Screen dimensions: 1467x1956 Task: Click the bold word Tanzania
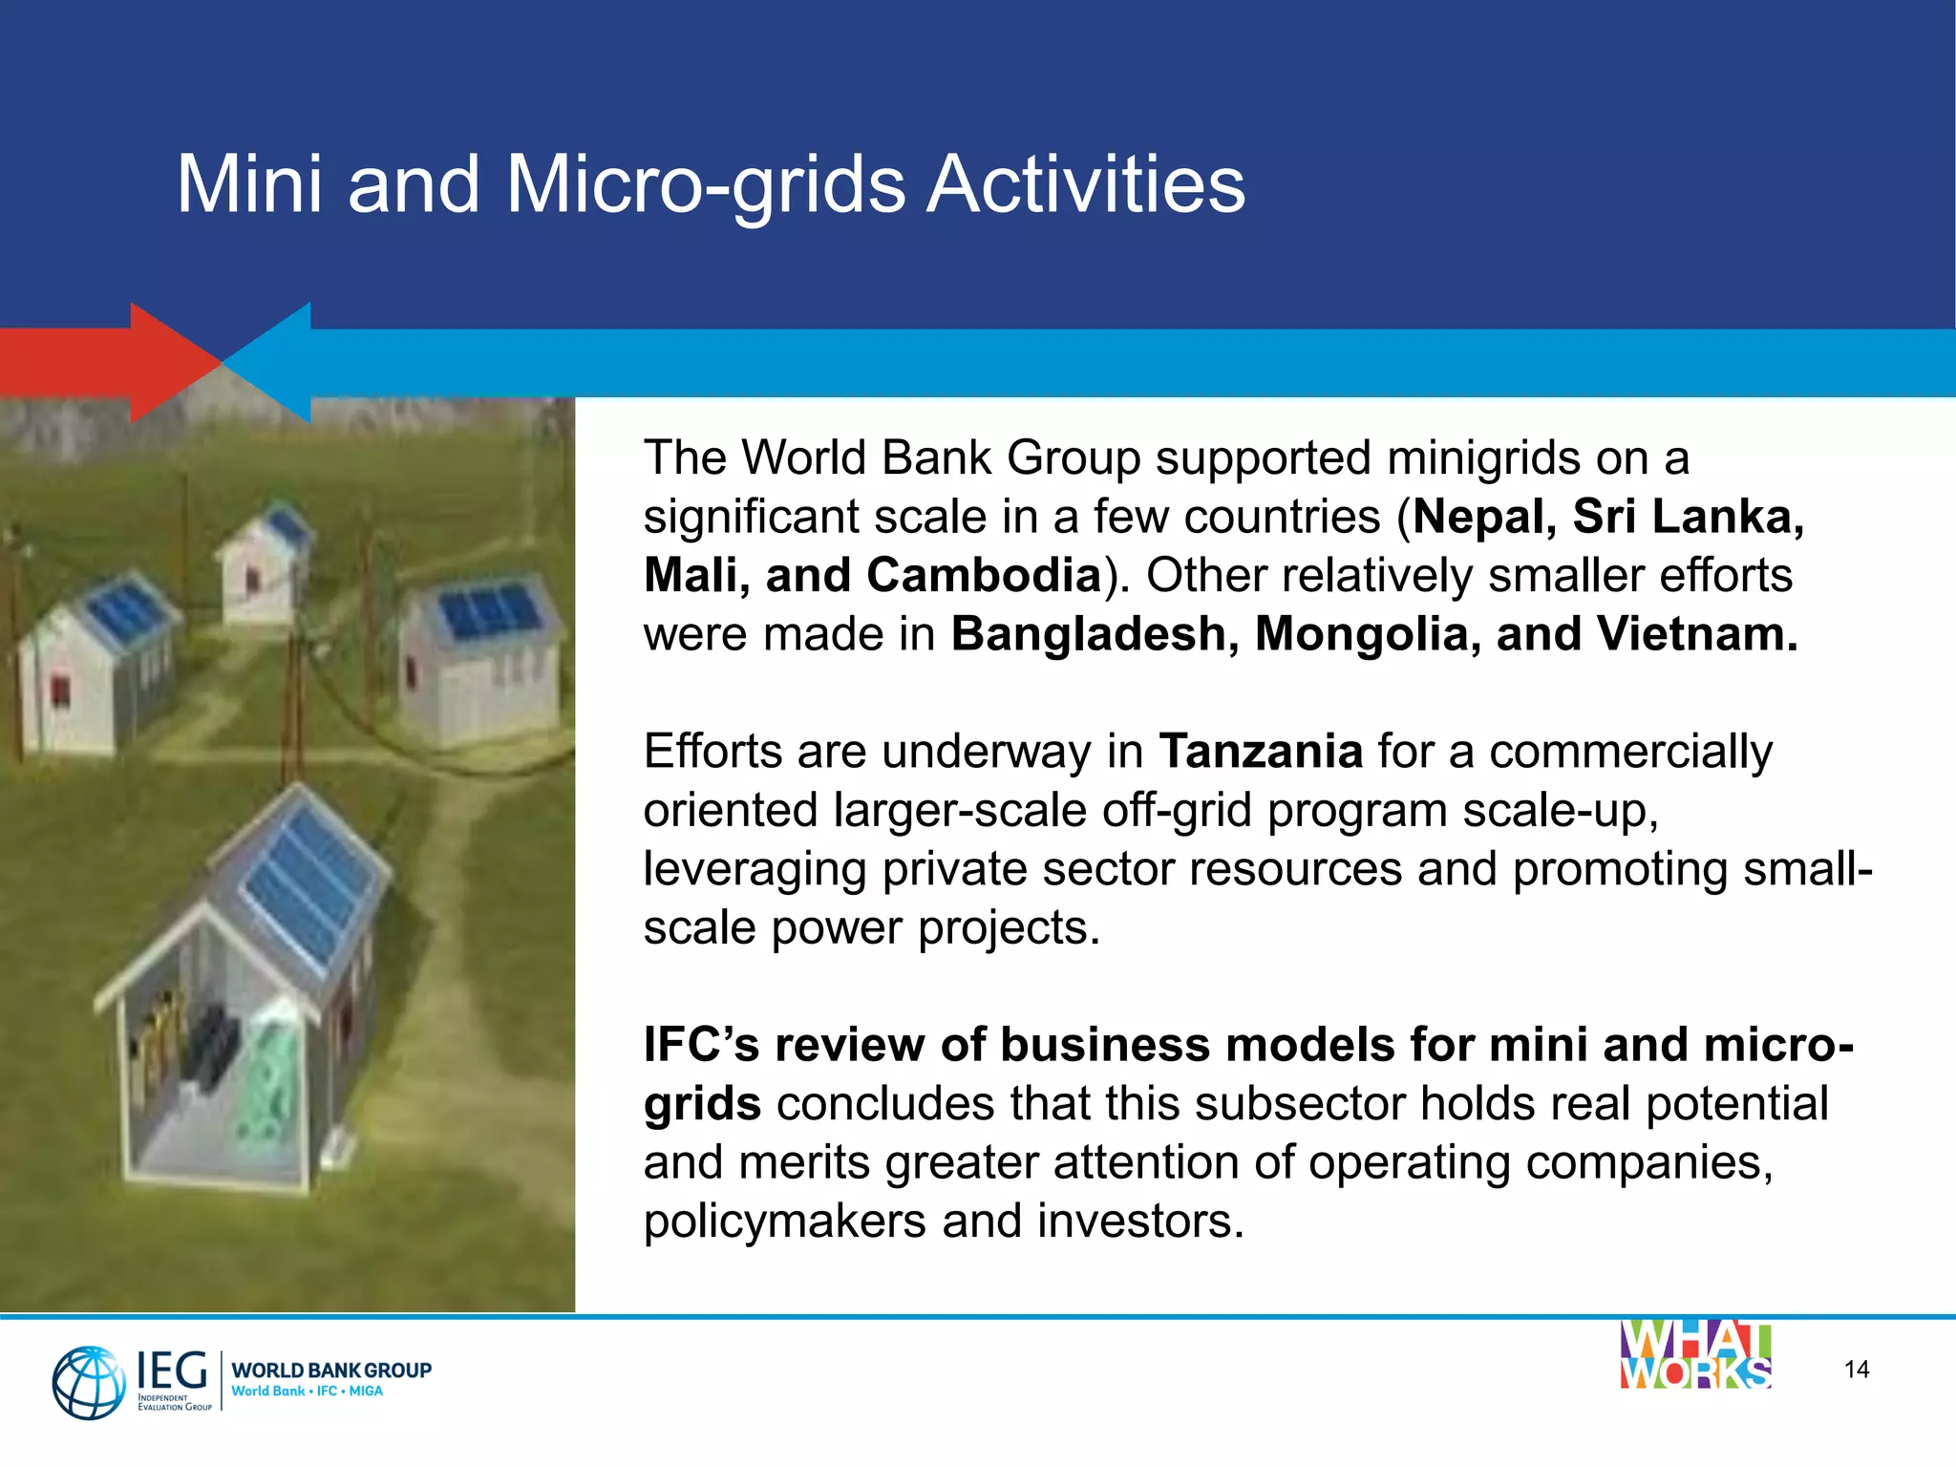click(x=1260, y=751)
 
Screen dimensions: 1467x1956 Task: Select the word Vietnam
click(x=1696, y=634)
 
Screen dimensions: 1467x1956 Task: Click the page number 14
click(x=1856, y=1370)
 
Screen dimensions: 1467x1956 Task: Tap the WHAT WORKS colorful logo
click(x=1695, y=1354)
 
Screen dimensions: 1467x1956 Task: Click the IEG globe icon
click(x=88, y=1381)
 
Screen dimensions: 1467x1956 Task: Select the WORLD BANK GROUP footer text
click(x=330, y=1370)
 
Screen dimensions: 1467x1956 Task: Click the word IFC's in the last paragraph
click(x=701, y=1045)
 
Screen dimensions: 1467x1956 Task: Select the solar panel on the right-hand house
click(x=489, y=611)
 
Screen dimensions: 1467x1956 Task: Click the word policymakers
click(x=784, y=1222)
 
